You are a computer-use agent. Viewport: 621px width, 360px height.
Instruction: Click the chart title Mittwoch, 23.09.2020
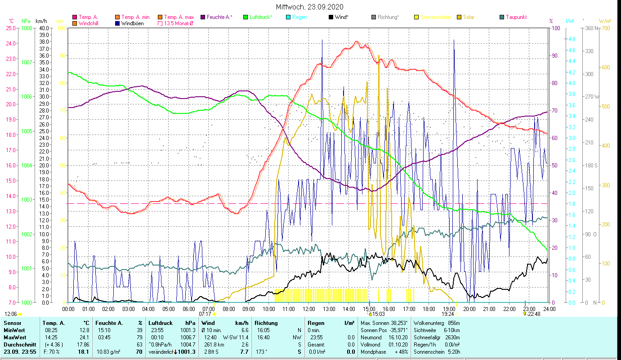(x=310, y=7)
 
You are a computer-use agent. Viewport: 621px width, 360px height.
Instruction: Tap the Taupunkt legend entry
(x=516, y=17)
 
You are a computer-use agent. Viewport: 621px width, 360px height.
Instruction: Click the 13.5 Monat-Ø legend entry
(x=179, y=23)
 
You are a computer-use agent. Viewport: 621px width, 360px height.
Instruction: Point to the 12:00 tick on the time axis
(x=309, y=309)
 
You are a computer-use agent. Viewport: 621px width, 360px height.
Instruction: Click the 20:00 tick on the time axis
(x=469, y=309)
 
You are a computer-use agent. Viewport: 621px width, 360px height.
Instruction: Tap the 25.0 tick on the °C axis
(x=11, y=28)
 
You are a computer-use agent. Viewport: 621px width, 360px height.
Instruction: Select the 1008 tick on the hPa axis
(x=27, y=28)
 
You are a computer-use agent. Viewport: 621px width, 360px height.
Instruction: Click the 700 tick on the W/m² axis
(x=605, y=28)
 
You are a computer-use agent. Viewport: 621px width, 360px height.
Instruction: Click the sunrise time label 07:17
(x=205, y=314)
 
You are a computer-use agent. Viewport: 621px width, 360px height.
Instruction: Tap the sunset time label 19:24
(x=448, y=314)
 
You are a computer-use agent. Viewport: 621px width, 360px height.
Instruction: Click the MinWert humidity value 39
(x=139, y=330)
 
